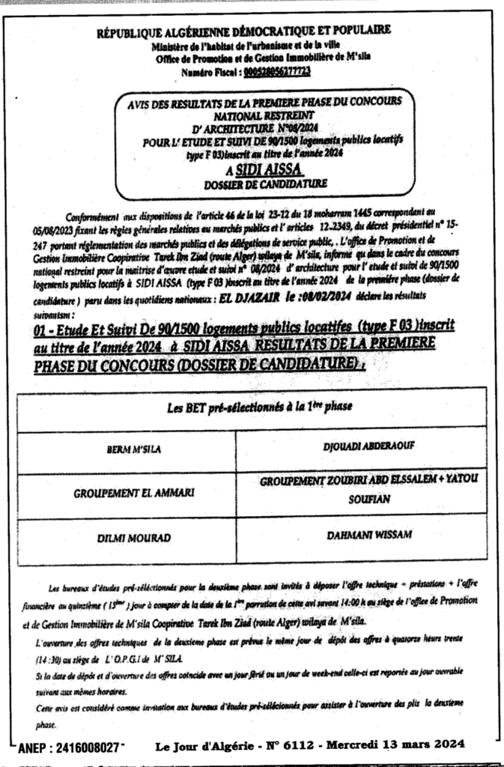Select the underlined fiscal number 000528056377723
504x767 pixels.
[276, 73]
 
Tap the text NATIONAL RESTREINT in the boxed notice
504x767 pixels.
[254, 117]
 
